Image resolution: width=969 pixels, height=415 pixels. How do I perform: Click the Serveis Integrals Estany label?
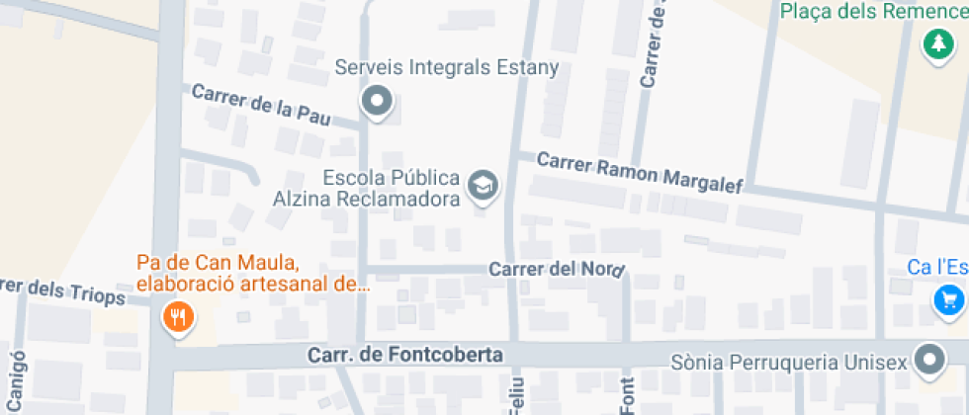pos(447,68)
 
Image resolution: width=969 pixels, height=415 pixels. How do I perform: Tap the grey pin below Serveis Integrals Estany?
pos(376,101)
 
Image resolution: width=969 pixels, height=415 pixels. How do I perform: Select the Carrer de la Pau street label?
pos(261,104)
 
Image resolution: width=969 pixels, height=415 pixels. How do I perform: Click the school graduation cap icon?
pos(483,186)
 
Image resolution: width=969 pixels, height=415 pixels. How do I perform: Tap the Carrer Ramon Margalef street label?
pos(639,174)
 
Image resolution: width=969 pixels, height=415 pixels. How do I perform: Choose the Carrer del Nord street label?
pos(558,269)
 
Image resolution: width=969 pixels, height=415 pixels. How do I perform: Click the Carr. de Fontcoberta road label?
pos(405,355)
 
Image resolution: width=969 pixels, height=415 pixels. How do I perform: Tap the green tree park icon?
pos(935,44)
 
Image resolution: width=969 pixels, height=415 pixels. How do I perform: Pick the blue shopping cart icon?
pos(949,299)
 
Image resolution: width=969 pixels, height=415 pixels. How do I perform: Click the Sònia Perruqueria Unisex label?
pos(788,363)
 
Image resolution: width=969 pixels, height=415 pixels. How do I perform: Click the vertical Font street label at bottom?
pos(627,395)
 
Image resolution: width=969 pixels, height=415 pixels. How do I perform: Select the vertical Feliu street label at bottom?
pos(517,397)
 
